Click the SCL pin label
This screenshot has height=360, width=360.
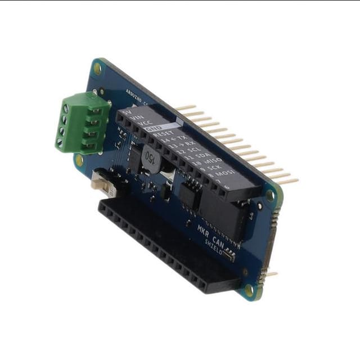point(191,150)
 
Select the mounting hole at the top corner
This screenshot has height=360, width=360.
point(97,68)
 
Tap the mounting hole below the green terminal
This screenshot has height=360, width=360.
point(79,159)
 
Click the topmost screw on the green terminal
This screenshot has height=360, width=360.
point(66,108)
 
